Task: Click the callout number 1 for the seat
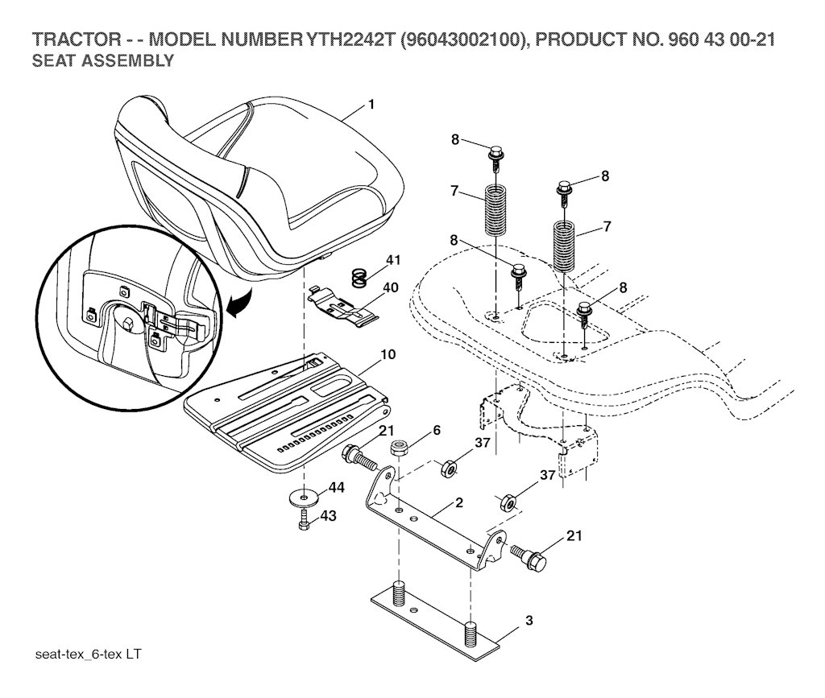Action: click(371, 104)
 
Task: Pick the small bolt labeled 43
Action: click(304, 519)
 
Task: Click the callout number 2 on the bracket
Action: click(458, 502)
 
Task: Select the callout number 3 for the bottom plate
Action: click(529, 621)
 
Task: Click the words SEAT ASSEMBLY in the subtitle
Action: click(102, 60)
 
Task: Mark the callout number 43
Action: click(329, 515)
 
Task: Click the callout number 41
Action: click(392, 260)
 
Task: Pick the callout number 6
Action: click(436, 431)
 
